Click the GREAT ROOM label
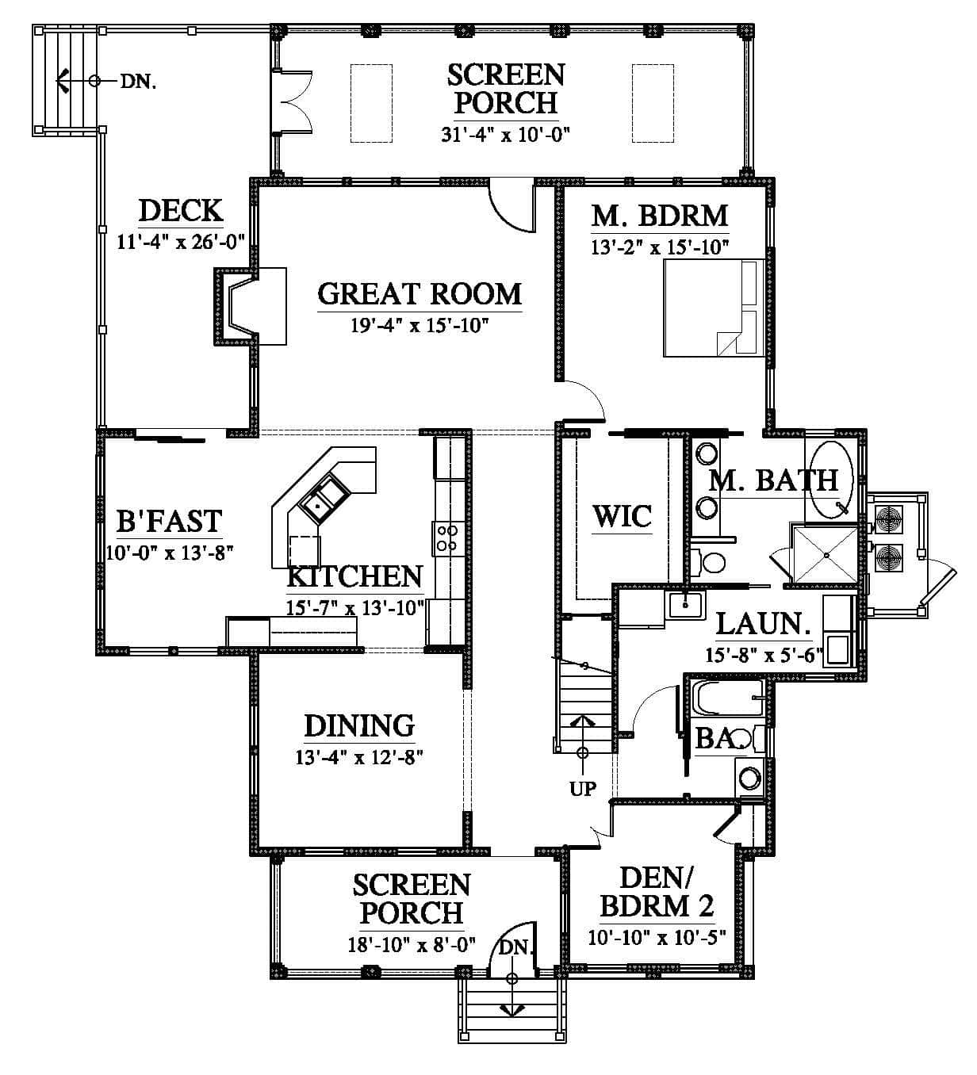pyautogui.click(x=420, y=293)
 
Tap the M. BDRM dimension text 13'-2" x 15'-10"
pyautogui.click(x=660, y=247)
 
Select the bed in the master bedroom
pyautogui.click(x=714, y=308)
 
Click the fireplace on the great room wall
pyautogui.click(x=251, y=307)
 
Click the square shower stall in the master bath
pyautogui.click(x=824, y=553)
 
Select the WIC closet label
pyautogui.click(x=622, y=517)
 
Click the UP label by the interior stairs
pyautogui.click(x=583, y=788)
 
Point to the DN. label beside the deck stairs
pyautogui.click(x=138, y=82)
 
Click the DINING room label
pyautogui.click(x=359, y=725)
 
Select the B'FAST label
pyautogui.click(x=169, y=520)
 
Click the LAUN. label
pyautogui.click(x=763, y=624)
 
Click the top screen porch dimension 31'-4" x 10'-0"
pyautogui.click(x=505, y=134)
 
